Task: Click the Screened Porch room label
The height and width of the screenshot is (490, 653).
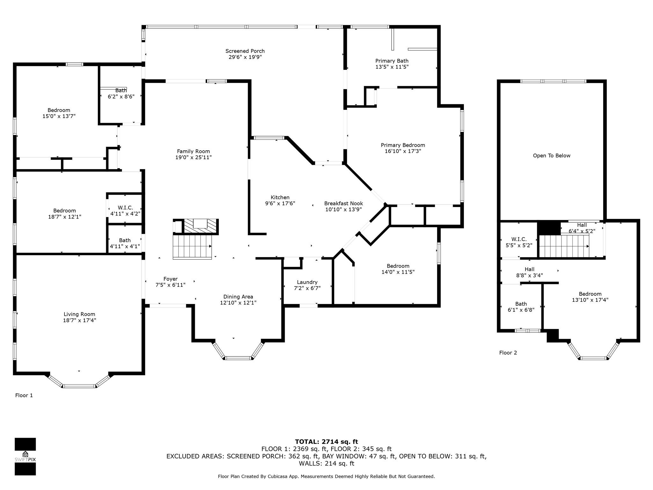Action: (x=245, y=51)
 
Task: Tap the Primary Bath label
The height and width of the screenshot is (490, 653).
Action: (x=392, y=61)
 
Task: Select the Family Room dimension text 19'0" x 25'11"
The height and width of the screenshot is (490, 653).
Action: (x=194, y=157)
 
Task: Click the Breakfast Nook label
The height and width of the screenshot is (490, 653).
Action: (x=343, y=203)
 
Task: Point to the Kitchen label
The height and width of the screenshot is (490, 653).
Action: (x=280, y=197)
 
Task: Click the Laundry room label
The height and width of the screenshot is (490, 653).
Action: (x=307, y=282)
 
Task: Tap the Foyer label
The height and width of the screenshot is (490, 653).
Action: (x=170, y=279)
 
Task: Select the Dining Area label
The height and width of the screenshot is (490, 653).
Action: (x=238, y=297)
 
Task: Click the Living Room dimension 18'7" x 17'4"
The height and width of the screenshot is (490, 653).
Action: (x=79, y=320)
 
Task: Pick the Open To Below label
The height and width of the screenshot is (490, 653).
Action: (x=552, y=156)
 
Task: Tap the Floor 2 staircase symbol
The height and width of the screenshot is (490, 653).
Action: (x=564, y=246)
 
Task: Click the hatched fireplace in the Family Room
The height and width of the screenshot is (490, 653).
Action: (x=200, y=226)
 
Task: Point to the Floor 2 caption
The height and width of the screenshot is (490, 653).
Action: (x=508, y=353)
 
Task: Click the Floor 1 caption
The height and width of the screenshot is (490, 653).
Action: (x=24, y=395)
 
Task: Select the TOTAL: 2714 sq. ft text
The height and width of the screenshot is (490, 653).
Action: (x=326, y=442)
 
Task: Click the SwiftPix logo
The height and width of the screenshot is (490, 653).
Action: (x=25, y=457)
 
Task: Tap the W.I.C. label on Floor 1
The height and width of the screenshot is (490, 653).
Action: (x=125, y=208)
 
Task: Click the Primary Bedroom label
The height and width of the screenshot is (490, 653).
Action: (x=403, y=145)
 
